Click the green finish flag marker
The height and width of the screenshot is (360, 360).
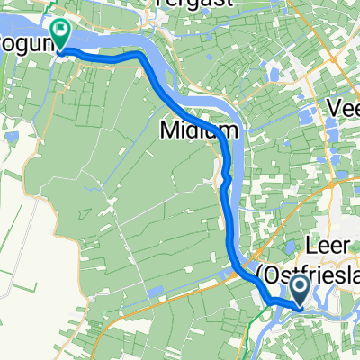point(61,34)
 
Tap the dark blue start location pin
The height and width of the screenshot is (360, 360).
point(301,290)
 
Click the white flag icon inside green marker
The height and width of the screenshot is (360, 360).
point(61,31)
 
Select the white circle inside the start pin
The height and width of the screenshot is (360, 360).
point(301,286)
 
